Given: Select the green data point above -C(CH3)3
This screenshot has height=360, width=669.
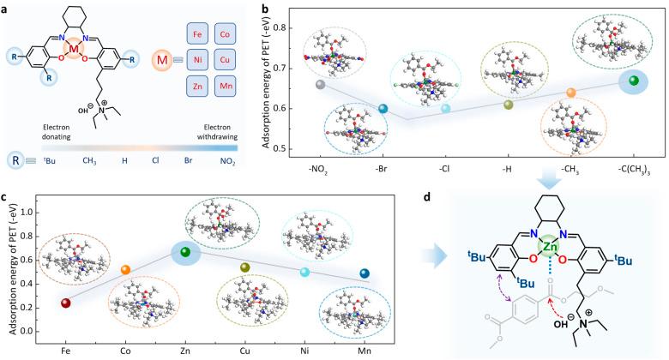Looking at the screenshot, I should tap(634, 80).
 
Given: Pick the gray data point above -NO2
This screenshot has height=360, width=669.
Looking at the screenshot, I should tap(320, 85).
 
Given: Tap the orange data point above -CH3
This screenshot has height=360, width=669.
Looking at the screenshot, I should tap(571, 92).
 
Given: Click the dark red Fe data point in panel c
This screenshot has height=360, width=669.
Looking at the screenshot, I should tap(66, 303).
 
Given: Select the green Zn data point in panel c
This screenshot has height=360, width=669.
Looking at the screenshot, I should tap(184, 251).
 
